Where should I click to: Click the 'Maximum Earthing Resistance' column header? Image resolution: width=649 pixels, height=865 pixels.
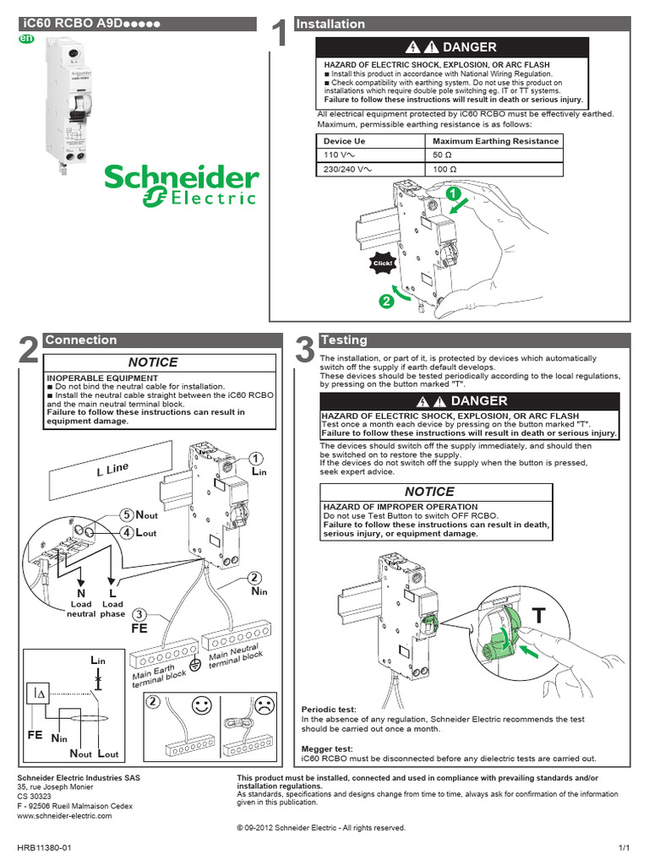pyautogui.click(x=495, y=141)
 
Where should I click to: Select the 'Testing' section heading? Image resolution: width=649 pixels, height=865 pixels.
pyautogui.click(x=344, y=340)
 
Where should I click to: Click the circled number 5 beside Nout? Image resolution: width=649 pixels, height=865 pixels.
pyautogui.click(x=127, y=514)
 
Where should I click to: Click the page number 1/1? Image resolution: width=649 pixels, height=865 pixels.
pyautogui.click(x=624, y=846)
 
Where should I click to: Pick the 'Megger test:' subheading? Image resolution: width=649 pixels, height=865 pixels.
pyautogui.click(x=327, y=748)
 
